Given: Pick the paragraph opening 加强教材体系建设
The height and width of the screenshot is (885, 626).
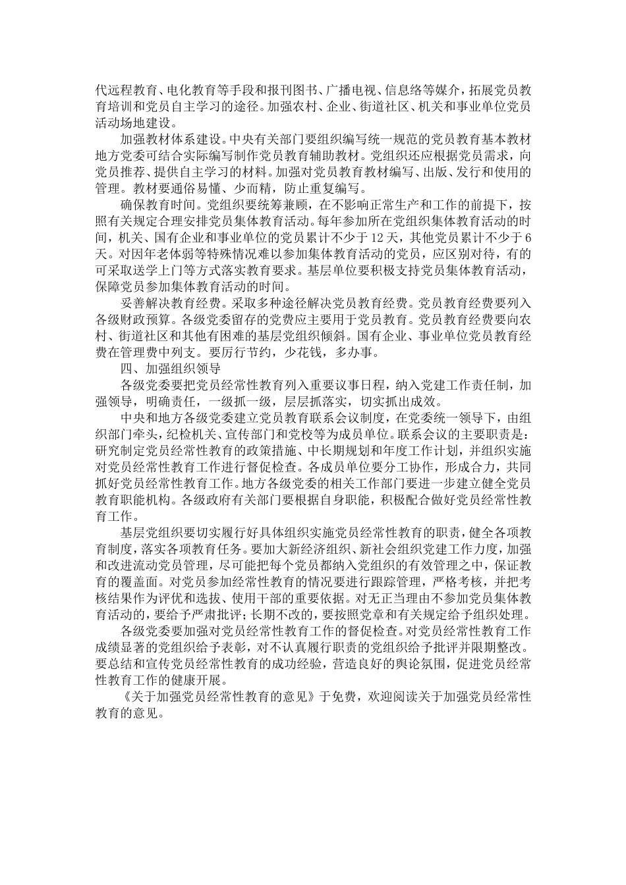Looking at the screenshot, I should click(x=169, y=140).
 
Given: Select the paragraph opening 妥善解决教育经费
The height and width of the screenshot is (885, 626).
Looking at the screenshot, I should click(x=169, y=304).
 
